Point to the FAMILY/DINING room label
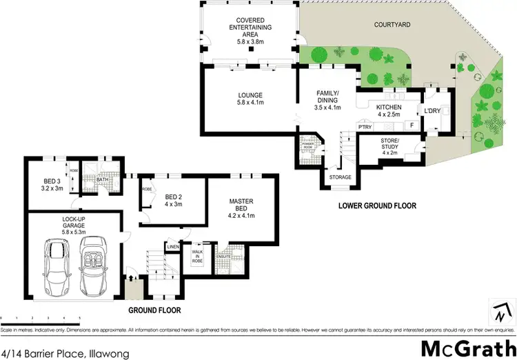327,101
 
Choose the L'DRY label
433,111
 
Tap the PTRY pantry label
365,126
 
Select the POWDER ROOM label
305,146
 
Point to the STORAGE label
340,177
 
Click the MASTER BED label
241,208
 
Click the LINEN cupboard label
173,246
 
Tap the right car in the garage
94,267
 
